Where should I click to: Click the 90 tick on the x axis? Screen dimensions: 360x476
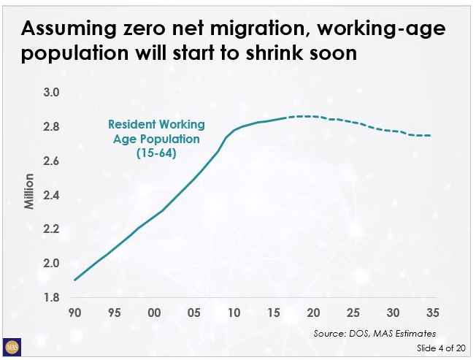(x=74, y=313)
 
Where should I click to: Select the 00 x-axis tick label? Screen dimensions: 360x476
(x=154, y=313)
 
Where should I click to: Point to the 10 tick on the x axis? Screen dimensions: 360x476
(x=234, y=313)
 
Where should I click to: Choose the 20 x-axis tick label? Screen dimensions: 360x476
(x=314, y=313)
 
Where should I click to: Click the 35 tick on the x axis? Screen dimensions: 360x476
(x=433, y=313)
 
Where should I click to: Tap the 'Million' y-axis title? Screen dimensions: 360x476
(x=30, y=191)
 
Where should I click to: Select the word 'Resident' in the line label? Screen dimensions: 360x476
(x=134, y=125)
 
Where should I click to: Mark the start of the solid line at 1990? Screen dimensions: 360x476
(x=74, y=280)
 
